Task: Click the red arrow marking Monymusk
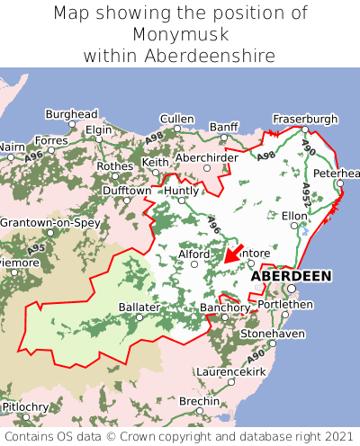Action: pyautogui.click(x=233, y=254)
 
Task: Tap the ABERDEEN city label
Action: pyautogui.click(x=291, y=276)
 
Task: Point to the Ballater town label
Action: pyautogui.click(x=139, y=307)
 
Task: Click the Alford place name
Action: pyautogui.click(x=193, y=254)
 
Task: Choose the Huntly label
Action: pyautogui.click(x=181, y=191)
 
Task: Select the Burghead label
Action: pyautogui.click(x=71, y=115)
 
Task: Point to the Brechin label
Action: pyautogui.click(x=198, y=401)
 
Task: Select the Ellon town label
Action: pyautogui.click(x=294, y=216)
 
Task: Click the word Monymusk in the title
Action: pyautogui.click(x=180, y=34)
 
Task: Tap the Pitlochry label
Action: pyautogui.click(x=24, y=407)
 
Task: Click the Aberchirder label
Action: pyautogui.click(x=208, y=156)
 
